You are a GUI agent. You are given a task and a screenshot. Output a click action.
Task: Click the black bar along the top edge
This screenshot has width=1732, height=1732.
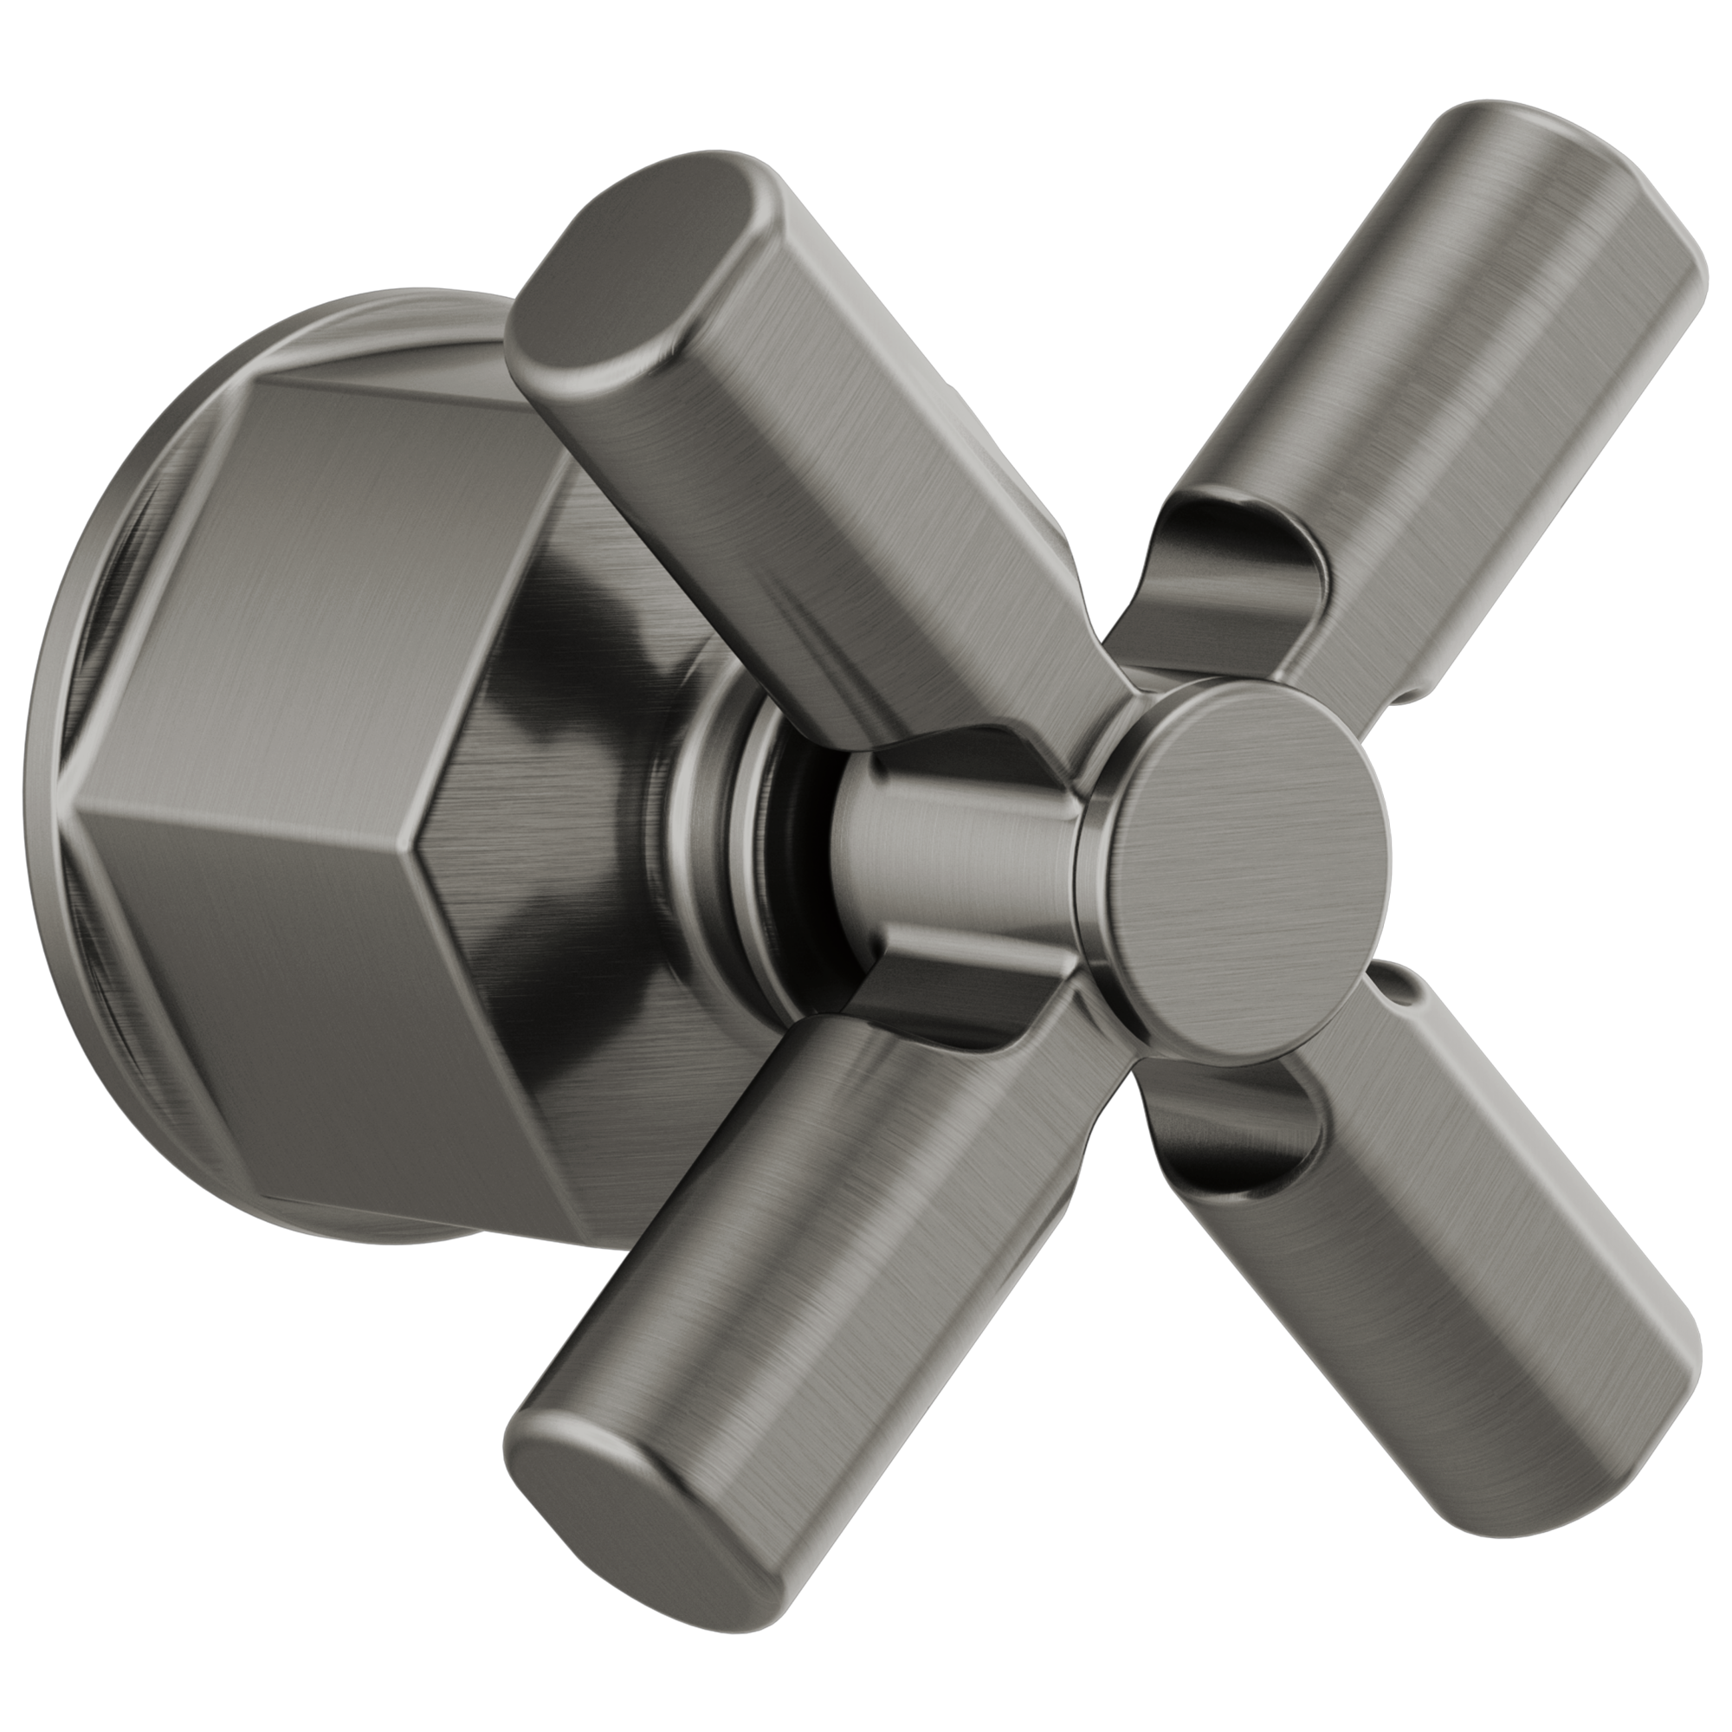pyautogui.click(x=866, y=45)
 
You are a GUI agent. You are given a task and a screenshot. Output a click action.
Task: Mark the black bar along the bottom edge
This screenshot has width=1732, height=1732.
pyautogui.click(x=866, y=1685)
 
